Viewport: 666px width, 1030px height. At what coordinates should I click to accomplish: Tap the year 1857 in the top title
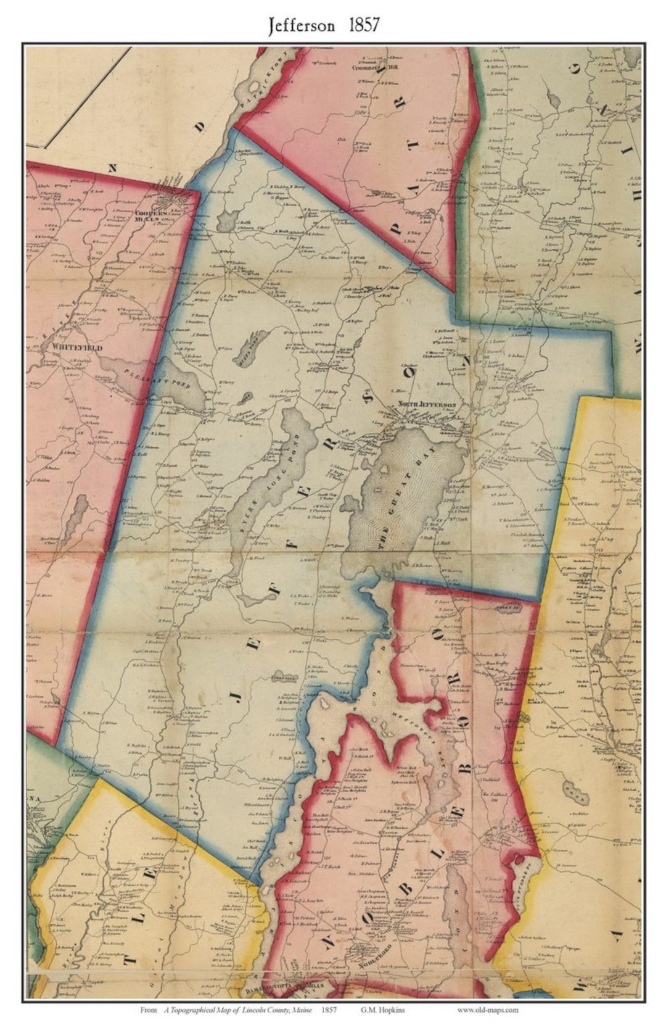(x=363, y=25)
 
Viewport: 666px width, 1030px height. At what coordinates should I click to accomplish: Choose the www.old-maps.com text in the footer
(x=487, y=1010)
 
